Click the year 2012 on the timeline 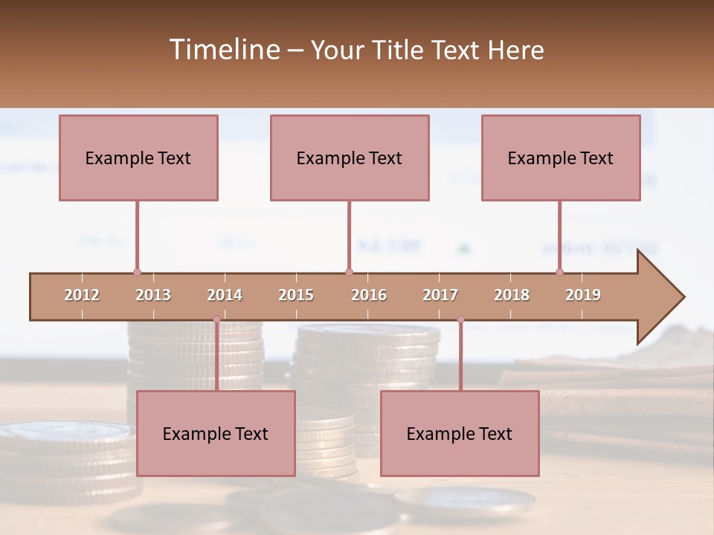82,295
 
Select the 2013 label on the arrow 153,295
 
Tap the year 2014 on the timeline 225,295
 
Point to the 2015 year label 296,295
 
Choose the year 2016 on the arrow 369,295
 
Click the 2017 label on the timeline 440,295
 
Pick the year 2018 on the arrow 512,295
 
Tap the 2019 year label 583,295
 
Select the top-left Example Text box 138,158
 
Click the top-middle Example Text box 350,158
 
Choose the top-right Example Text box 561,158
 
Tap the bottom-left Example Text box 216,433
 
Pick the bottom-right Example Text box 460,433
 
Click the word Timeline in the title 223,50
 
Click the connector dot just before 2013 137,273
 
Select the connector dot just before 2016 349,273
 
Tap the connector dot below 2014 216,320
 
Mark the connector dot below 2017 460,320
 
